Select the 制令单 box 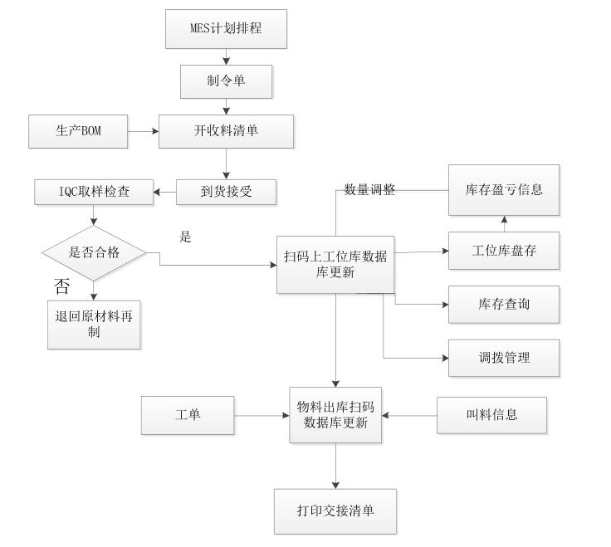227,81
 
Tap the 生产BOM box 78,131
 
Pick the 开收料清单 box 227,131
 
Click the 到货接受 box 227,193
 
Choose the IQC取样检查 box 94,193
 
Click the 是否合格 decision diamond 94,252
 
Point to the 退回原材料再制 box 94,324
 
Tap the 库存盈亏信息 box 504,189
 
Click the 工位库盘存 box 504,252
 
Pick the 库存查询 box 504,305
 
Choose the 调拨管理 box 504,358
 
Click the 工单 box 188,415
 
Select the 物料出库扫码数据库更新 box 335,415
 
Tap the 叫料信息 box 492,415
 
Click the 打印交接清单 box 335,510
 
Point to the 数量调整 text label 369,190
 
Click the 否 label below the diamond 62,288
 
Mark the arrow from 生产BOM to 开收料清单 143,131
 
